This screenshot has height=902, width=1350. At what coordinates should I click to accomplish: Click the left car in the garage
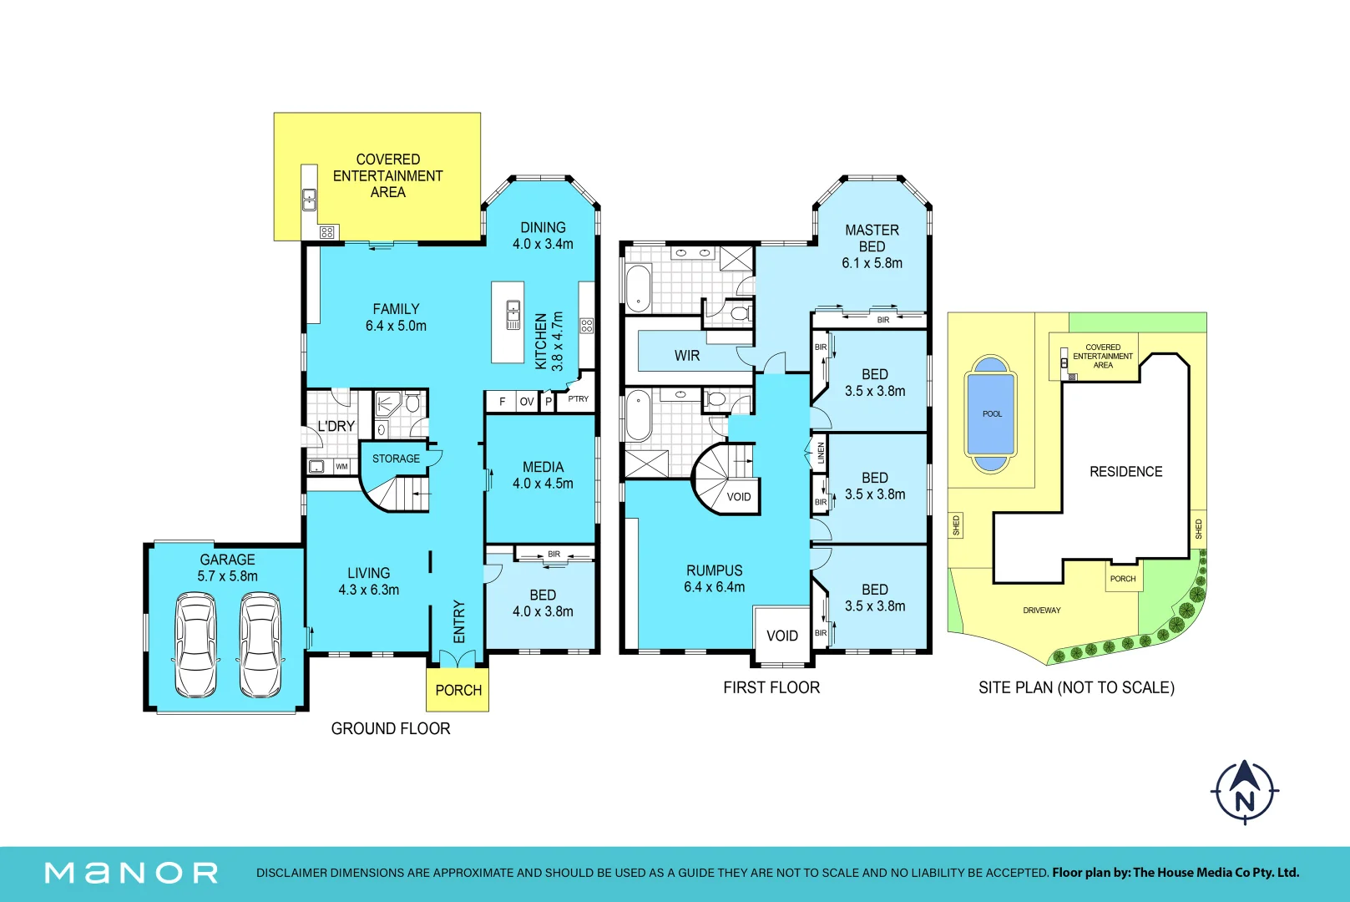196,645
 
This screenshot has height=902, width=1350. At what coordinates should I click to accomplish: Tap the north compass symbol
1245,792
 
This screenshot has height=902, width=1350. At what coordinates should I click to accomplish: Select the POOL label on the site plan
992,413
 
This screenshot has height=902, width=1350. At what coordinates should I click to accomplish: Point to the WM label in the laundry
341,466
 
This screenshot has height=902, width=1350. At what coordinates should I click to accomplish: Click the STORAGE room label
396,459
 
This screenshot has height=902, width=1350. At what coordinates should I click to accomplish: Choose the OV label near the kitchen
527,402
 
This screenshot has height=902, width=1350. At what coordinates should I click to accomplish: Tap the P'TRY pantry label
578,398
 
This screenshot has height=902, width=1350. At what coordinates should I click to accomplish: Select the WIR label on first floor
687,356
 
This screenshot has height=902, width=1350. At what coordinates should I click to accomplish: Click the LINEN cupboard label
820,453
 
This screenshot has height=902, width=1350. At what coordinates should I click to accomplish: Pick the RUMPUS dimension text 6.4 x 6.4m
714,587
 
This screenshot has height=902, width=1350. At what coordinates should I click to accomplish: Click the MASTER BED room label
872,238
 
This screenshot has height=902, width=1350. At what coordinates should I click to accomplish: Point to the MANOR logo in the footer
131,873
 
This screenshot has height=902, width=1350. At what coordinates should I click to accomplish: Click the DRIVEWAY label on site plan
1041,611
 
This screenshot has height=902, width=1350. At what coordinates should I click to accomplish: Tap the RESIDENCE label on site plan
1125,472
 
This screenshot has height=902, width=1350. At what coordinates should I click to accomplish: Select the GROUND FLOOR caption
391,728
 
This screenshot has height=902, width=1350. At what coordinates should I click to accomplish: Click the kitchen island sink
513,315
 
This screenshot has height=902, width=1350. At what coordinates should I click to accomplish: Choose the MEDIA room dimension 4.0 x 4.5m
543,484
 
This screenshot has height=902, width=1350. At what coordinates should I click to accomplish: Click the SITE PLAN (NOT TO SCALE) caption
1076,687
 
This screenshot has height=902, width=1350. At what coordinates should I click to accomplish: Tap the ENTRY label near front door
458,621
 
